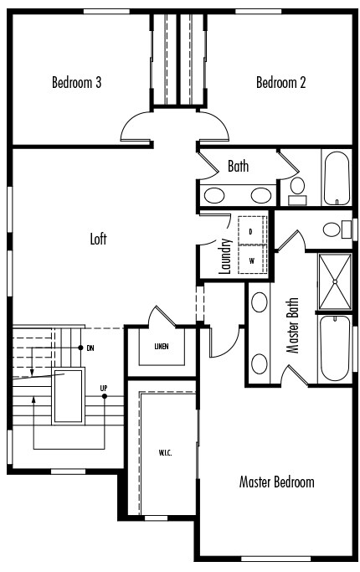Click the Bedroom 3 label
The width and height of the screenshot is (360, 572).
pos(77,82)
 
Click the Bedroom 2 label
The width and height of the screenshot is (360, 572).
pos(281,82)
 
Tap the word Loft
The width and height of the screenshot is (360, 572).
pos(99,239)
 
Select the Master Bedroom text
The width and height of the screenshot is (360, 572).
pos(277,482)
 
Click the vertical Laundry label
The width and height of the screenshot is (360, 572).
pos(225,257)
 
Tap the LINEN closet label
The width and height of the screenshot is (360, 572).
pos(162,347)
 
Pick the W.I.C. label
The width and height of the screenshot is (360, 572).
pos(165,453)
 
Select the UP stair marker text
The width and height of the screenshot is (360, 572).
pos(104,389)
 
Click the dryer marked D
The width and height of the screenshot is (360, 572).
pos(251,230)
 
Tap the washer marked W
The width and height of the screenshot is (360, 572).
pos(251,260)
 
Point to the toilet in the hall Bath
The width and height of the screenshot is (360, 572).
pos(297,190)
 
